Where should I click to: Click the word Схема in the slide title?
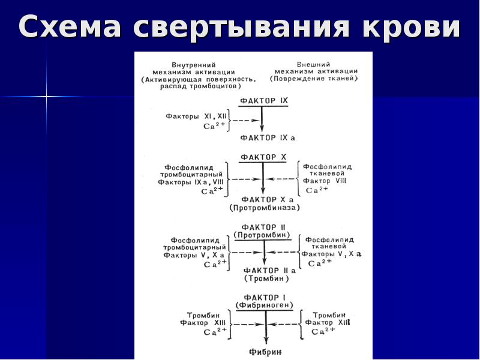pos(70,26)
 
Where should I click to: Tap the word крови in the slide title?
pos(411,26)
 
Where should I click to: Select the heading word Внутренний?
pos(193,65)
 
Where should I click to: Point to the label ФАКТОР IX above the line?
pos(264,101)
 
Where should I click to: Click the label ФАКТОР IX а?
pos(268,138)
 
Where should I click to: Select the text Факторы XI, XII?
pos(196,116)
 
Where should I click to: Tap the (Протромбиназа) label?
pos(265,208)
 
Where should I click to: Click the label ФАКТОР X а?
pos(267,200)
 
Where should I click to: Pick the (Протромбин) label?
pos(262,235)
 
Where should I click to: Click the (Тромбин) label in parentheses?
pos(266,278)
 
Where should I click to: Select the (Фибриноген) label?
pos(264,305)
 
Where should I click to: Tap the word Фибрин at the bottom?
pos(265,352)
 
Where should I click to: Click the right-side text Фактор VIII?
pos(325,181)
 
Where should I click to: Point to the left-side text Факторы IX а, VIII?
pos(191,182)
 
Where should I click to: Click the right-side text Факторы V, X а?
pos(332,254)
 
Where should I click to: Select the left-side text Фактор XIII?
pos(203,323)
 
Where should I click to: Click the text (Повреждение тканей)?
pos(314,79)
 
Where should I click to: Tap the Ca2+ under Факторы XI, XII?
pos(214,125)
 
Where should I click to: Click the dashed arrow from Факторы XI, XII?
pos(245,121)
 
